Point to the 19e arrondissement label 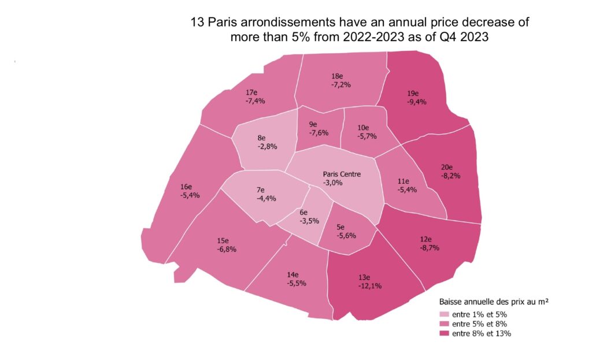pos(413,94)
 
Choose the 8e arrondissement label pos(261,138)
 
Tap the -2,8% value pos(267,146)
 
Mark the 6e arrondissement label pos(305,213)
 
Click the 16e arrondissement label pos(186,187)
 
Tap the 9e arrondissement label pos(313,124)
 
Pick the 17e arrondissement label pos(251,92)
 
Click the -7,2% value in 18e pos(341,84)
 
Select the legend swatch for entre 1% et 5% pos(444,315)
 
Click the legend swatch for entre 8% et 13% pos(444,333)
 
